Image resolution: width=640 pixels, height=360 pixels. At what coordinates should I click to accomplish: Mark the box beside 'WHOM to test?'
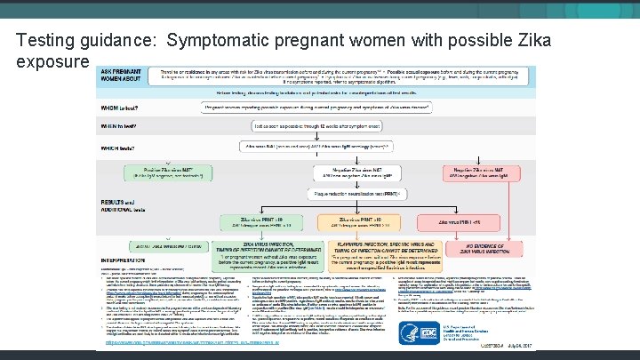(323, 107)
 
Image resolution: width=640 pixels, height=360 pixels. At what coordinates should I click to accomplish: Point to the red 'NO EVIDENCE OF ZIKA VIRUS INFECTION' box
(495, 250)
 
